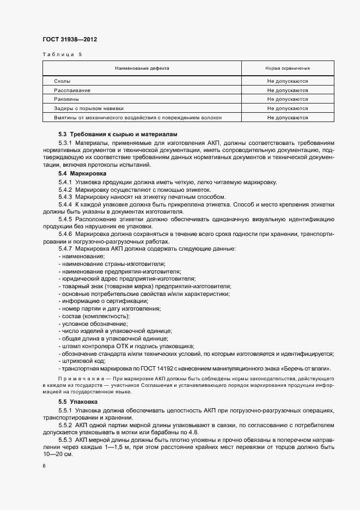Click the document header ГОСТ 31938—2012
70,39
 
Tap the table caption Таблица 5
62,54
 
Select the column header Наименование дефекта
142,69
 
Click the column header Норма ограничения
287,69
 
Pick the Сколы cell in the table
62,81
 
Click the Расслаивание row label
72,90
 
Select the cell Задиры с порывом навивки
89,108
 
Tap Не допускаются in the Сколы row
287,81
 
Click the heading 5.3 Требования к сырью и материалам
118,134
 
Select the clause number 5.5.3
65,439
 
